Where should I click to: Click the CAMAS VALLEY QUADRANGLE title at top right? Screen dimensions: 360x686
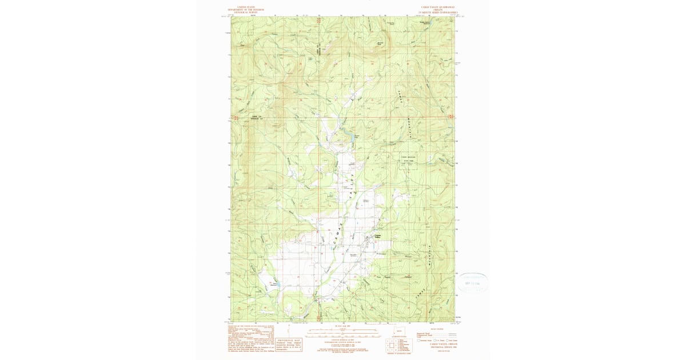[437, 7]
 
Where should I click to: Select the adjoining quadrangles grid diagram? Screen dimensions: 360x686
[392, 346]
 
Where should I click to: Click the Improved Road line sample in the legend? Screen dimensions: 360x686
[452, 333]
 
